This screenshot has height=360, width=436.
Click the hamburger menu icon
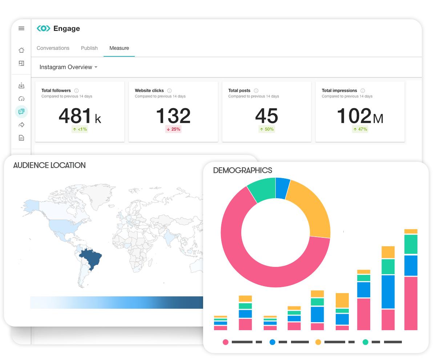point(21,28)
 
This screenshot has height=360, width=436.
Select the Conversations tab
point(53,48)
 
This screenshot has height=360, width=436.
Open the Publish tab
point(89,48)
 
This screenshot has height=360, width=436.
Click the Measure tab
point(119,48)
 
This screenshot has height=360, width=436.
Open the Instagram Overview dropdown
point(68,67)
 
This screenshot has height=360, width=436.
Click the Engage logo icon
point(44,28)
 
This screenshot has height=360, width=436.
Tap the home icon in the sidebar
point(21,50)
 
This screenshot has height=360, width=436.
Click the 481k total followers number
point(80,116)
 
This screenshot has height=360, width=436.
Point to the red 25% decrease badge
point(173,129)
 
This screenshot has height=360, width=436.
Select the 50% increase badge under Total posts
point(267,129)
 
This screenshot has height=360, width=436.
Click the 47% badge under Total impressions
point(360,129)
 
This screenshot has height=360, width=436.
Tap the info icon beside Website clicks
point(169,91)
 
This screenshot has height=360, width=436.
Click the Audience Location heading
point(49,165)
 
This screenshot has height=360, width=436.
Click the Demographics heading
point(243,170)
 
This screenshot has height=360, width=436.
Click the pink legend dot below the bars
point(226,342)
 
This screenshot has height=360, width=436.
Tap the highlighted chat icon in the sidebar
point(21,112)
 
